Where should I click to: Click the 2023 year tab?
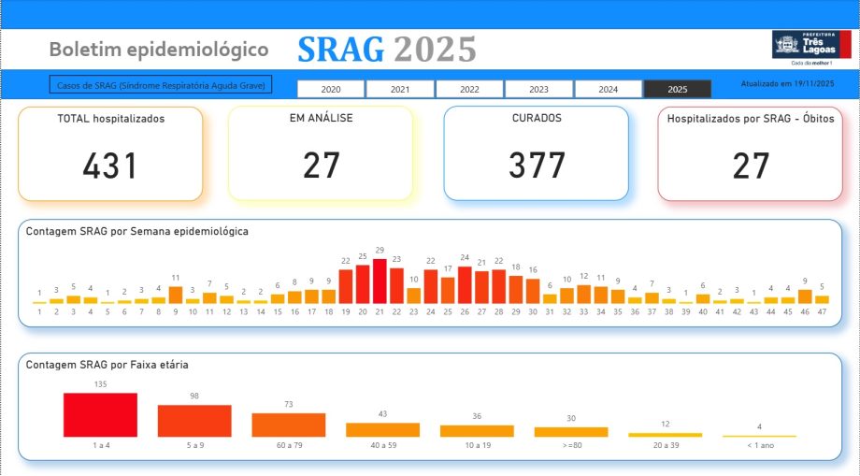click(538, 89)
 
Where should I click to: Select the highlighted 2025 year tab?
click(678, 89)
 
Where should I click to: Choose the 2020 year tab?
click(331, 89)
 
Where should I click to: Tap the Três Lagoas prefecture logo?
click(810, 48)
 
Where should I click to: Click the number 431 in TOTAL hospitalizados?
click(110, 166)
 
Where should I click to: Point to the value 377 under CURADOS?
click(537, 166)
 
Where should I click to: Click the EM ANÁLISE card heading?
click(321, 119)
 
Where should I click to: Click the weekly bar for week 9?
click(176, 295)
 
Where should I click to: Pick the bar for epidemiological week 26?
click(465, 285)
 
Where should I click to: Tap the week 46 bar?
click(805, 296)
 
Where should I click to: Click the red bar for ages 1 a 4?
click(100, 414)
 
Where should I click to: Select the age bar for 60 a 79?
click(289, 425)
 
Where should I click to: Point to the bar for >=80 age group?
click(571, 432)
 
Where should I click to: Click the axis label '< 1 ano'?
click(759, 445)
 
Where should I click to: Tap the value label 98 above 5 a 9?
click(194, 396)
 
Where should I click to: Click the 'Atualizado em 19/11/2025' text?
click(787, 83)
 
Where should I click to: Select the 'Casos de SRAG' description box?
click(160, 85)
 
